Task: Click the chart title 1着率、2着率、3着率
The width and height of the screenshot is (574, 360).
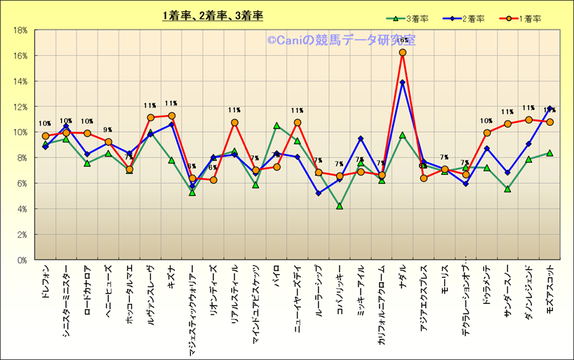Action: coord(212,15)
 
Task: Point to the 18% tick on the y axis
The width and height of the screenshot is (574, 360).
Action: coord(20,30)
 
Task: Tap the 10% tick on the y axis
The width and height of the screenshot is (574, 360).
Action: coord(20,132)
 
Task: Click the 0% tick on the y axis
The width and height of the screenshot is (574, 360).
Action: coord(22,260)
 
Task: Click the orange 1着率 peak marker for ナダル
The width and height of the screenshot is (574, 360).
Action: coord(403,52)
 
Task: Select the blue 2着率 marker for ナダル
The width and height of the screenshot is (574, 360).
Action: coord(403,82)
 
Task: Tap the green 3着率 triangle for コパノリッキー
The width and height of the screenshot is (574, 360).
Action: coord(340,206)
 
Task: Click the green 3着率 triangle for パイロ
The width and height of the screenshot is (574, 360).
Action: coord(276,126)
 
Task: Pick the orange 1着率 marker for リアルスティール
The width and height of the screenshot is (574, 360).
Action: coord(234,123)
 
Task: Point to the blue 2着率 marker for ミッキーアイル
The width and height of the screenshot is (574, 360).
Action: coord(361,139)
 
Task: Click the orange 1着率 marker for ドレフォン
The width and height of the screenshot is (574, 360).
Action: coord(46,136)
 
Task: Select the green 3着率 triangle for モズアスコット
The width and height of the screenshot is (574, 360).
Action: coord(549,153)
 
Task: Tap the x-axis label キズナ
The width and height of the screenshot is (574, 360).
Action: coord(172,275)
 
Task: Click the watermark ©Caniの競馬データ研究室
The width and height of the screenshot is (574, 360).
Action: coord(340,41)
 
